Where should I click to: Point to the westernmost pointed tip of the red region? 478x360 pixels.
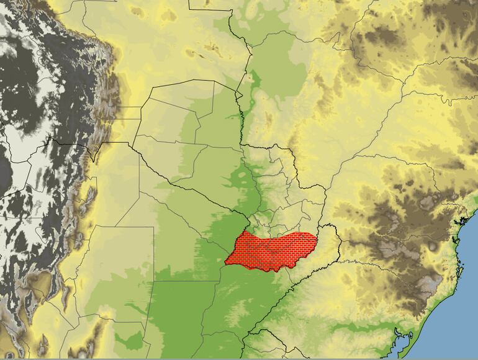click(x=225, y=263)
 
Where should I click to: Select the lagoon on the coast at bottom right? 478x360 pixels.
click(x=403, y=341)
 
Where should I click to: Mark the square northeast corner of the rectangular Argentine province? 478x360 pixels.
click(x=153, y=227)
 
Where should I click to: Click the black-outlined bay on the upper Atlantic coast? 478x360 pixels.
click(x=462, y=218)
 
